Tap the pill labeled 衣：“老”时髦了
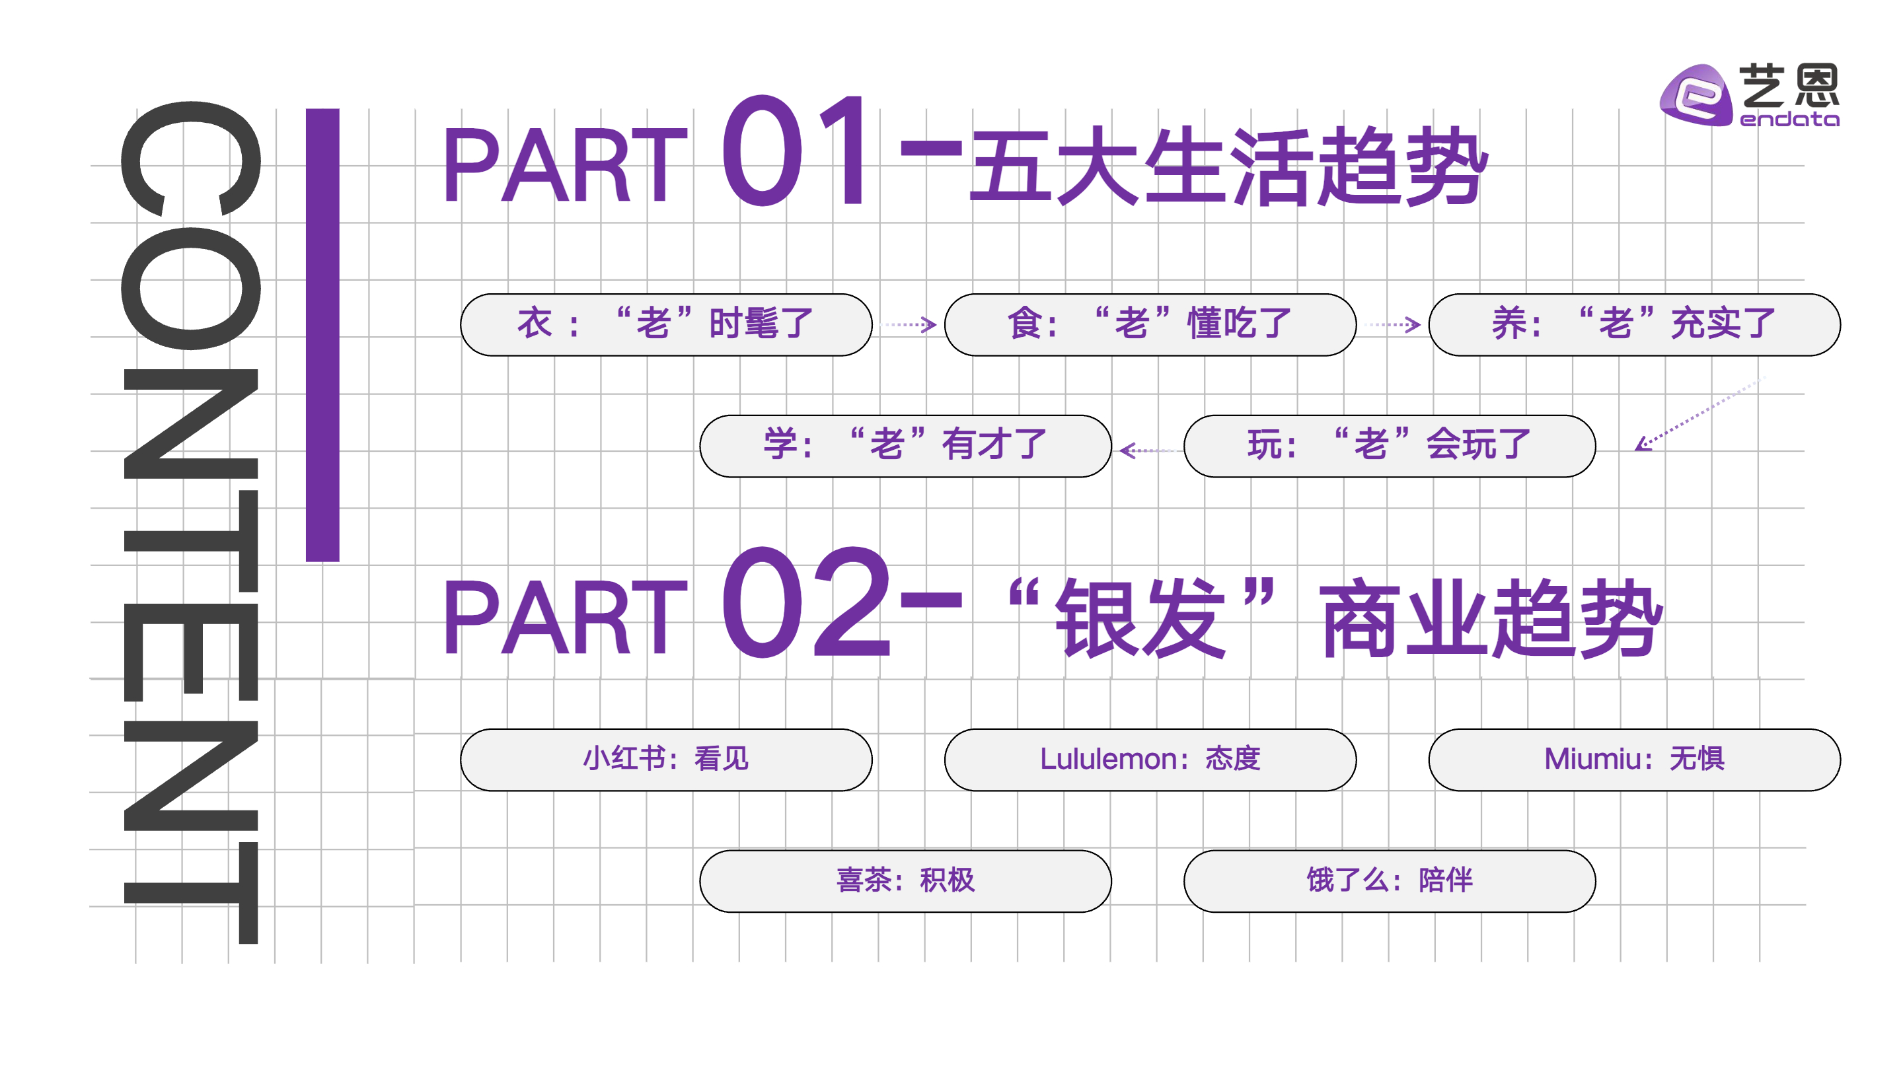click(665, 325)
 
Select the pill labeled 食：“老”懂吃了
click(1150, 325)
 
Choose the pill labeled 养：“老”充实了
click(1633, 325)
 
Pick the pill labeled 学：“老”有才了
click(905, 446)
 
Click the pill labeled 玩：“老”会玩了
click(1389, 446)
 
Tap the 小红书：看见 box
click(665, 760)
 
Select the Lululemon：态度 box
click(1150, 760)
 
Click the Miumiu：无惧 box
click(1633, 760)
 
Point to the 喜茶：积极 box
click(905, 881)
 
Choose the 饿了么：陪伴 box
click(1389, 881)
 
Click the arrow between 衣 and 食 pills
click(909, 325)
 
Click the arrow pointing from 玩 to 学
click(1147, 450)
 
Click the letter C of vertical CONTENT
click(190, 159)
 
